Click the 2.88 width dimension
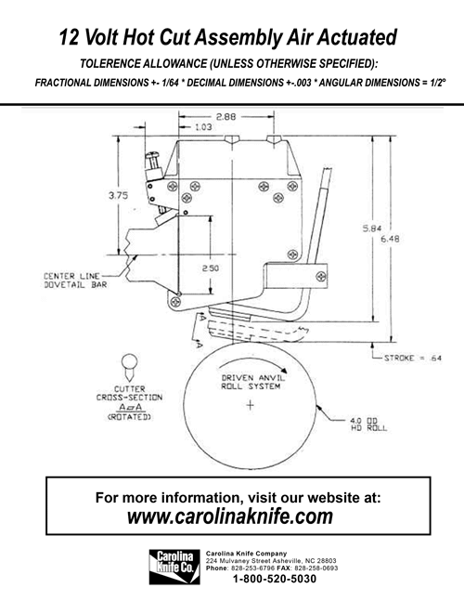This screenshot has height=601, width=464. click(225, 117)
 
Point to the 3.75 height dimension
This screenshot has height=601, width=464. click(118, 196)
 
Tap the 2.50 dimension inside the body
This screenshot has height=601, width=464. click(212, 268)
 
